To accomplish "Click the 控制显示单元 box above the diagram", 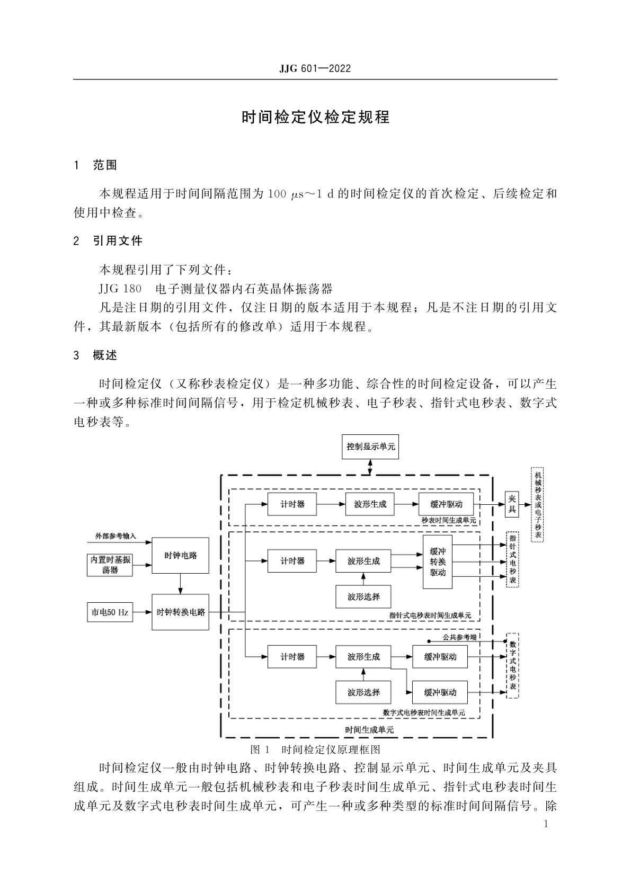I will [370, 446].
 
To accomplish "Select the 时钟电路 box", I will [180, 555].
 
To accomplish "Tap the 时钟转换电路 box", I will [180, 612].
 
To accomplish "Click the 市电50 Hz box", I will [110, 612].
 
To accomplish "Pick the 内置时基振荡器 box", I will [110, 565].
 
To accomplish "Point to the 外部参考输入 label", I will [115, 536].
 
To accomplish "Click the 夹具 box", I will [511, 504].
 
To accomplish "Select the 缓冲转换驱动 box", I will [438, 562].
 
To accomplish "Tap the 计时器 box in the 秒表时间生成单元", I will [292, 504].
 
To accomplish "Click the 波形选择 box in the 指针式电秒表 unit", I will [363, 596].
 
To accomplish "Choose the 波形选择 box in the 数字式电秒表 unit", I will [363, 692].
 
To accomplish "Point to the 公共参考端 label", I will [459, 637].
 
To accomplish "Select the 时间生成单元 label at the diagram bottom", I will [369, 729].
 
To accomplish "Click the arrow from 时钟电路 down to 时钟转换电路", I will [180, 583].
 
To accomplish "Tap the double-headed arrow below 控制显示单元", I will [370, 467].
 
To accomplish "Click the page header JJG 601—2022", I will [315, 69].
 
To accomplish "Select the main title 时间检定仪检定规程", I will [315, 117].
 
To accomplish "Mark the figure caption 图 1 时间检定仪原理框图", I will [315, 750].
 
